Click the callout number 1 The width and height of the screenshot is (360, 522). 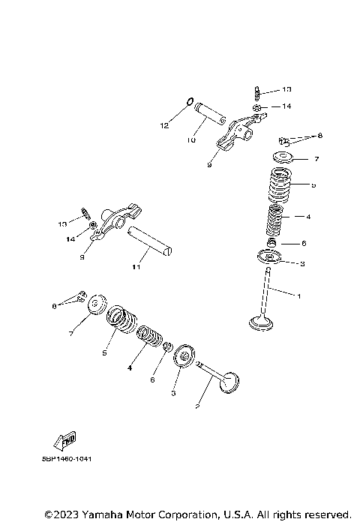tap(299, 297)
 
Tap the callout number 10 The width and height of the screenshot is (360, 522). tap(191, 139)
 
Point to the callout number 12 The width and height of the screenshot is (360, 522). tap(164, 126)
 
